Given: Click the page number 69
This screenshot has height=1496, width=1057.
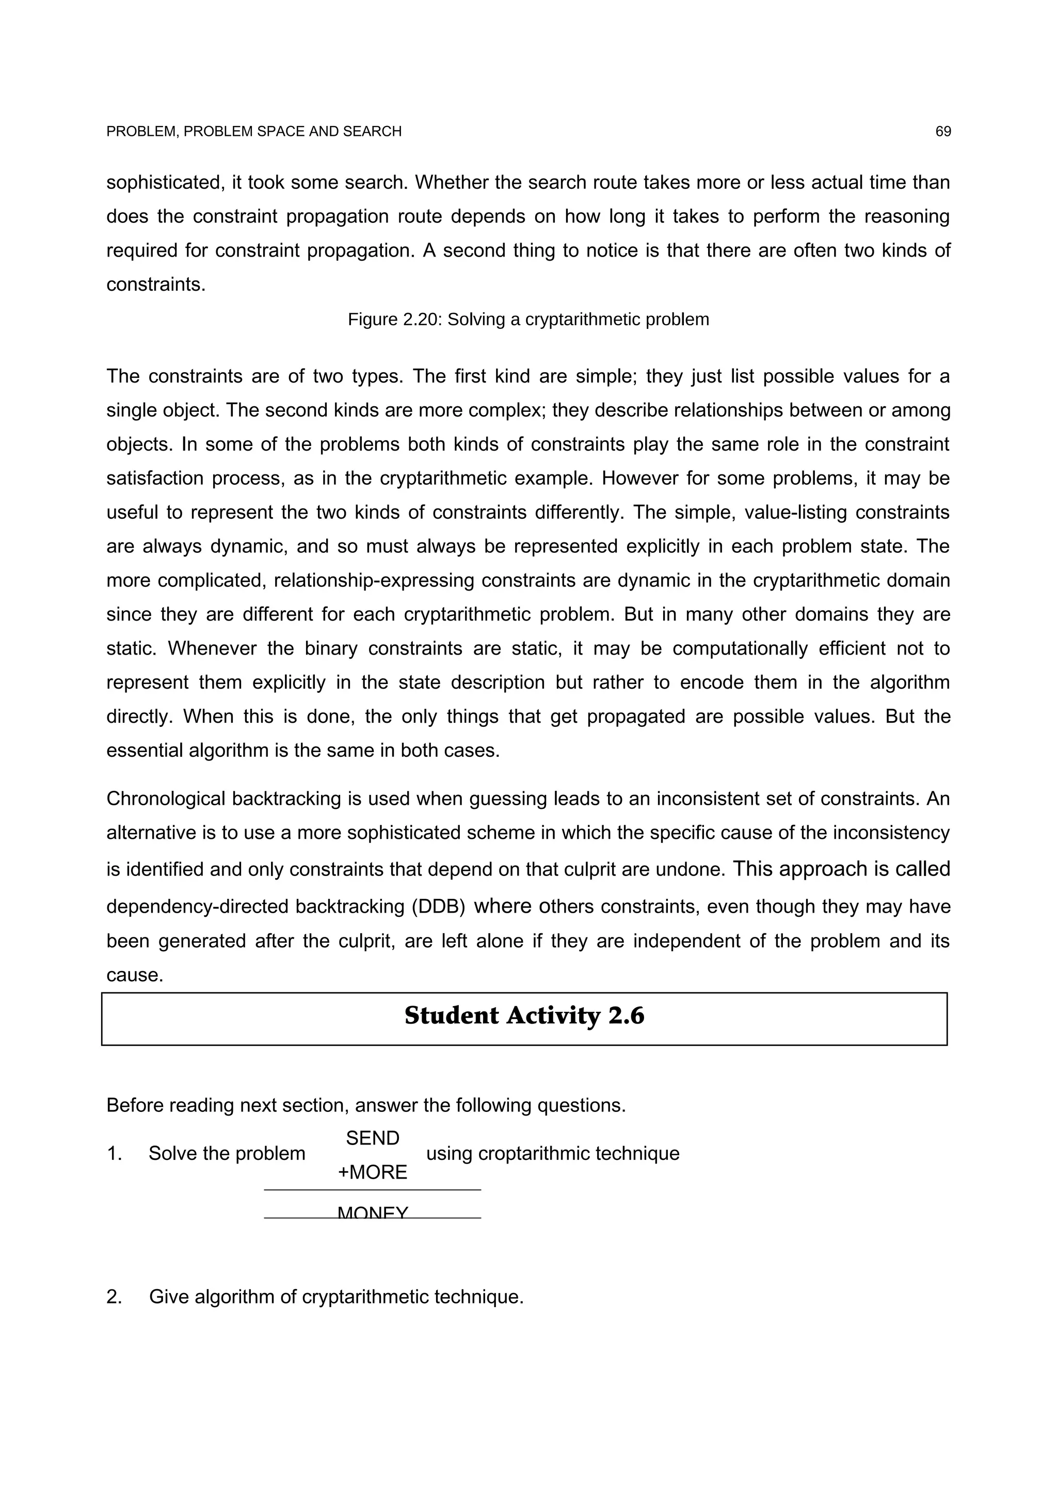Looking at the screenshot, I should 942,132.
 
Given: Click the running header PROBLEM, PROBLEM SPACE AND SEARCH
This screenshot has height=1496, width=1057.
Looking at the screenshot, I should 253,132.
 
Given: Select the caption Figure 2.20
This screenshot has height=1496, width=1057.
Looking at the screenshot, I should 527,319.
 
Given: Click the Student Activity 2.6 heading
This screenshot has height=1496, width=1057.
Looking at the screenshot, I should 524,1016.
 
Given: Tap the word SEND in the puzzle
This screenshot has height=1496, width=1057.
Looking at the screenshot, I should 373,1138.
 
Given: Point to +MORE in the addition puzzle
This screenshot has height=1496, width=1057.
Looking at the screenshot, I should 373,1172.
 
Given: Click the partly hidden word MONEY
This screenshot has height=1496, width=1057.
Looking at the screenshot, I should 373,1213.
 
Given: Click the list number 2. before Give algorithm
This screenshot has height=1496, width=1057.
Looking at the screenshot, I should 114,1297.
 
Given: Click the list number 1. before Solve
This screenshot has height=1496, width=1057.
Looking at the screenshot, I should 114,1153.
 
